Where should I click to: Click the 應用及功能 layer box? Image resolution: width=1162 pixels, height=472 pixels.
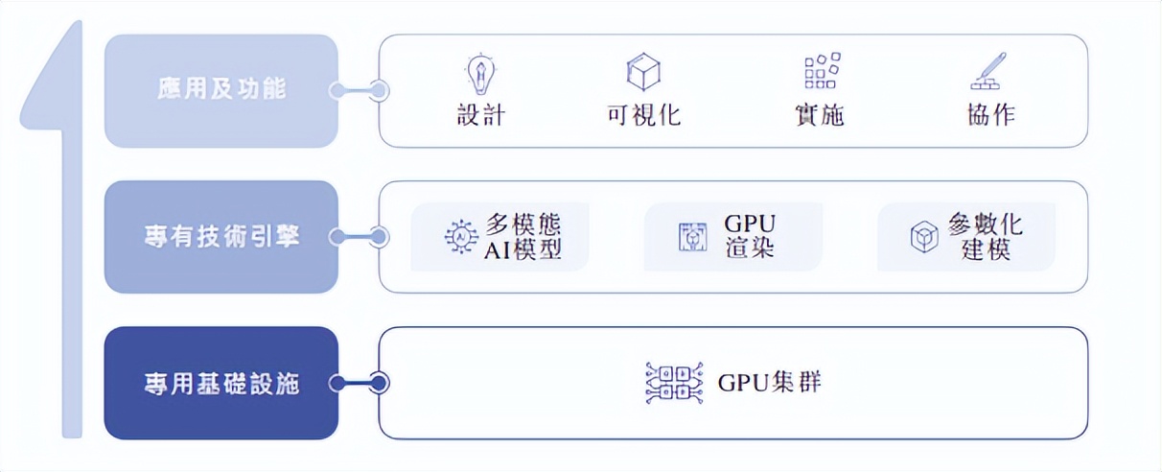[x=221, y=91]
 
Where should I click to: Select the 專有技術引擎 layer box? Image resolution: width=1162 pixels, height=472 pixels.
[x=221, y=237]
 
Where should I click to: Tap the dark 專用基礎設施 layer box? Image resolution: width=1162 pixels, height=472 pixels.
[x=221, y=384]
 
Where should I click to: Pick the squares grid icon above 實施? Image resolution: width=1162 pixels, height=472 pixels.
[x=821, y=72]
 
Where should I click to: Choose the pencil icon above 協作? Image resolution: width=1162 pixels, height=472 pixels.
[x=988, y=72]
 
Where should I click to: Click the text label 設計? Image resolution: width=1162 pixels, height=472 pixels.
[x=480, y=115]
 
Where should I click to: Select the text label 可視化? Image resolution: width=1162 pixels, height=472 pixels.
[x=644, y=115]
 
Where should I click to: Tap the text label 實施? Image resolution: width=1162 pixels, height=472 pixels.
[x=820, y=115]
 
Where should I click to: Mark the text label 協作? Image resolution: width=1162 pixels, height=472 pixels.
[x=991, y=115]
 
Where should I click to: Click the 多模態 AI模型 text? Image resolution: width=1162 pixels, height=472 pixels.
[x=523, y=237]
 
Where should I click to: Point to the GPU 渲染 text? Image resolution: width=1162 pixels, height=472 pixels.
[x=750, y=237]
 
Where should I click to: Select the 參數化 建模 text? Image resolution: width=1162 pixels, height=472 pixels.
[x=985, y=237]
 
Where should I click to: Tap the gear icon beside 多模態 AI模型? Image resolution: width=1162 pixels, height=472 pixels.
[x=462, y=237]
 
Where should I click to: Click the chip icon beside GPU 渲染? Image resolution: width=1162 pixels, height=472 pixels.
[x=692, y=237]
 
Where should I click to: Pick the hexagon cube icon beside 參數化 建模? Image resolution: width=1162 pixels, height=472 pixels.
[x=924, y=237]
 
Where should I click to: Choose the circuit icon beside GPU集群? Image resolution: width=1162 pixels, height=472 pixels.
[x=675, y=383]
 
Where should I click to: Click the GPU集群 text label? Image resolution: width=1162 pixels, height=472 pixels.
[x=769, y=383]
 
